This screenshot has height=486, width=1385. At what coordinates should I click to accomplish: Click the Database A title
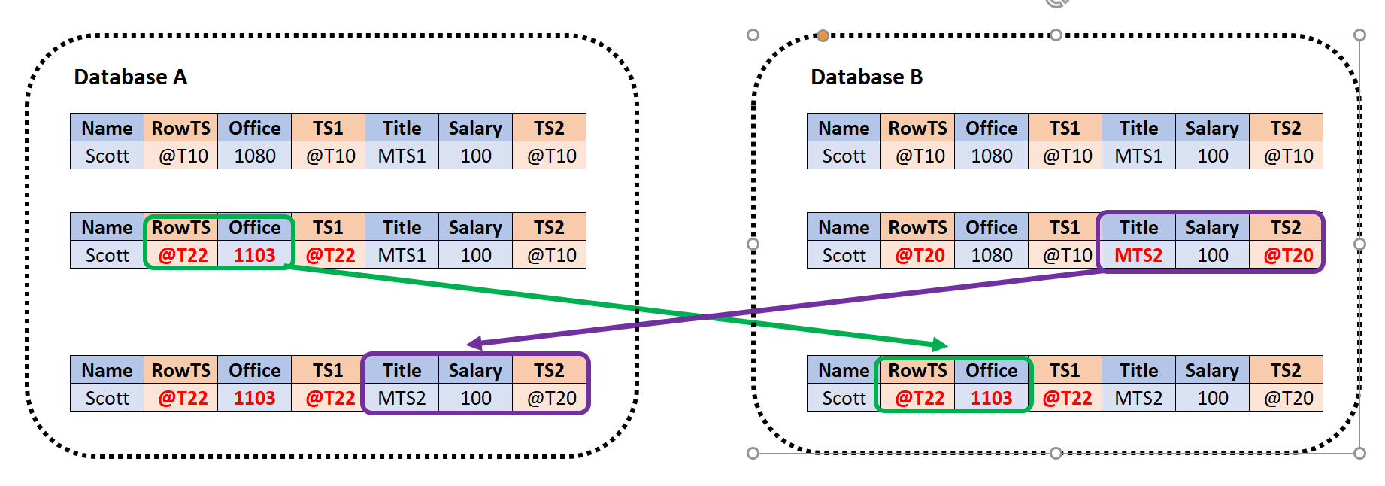click(x=130, y=77)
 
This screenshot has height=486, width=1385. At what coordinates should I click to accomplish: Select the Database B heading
click(x=866, y=77)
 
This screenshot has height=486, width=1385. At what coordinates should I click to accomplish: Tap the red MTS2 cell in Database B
click(x=1138, y=256)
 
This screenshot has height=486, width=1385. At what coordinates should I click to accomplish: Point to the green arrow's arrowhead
click(x=940, y=345)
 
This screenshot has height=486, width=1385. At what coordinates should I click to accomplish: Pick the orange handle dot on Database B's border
click(x=823, y=35)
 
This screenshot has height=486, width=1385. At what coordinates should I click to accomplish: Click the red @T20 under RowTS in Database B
click(x=919, y=256)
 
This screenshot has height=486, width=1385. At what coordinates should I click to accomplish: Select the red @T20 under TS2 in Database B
click(x=1287, y=256)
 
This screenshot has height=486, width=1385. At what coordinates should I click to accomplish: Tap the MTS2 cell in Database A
click(x=402, y=398)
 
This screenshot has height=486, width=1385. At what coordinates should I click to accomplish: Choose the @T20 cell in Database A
click(x=551, y=398)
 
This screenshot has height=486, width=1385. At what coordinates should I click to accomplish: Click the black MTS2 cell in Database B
click(x=1138, y=398)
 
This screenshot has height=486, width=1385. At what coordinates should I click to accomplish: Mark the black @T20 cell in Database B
click(x=1287, y=398)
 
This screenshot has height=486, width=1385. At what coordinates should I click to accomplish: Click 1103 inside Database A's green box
click(x=254, y=256)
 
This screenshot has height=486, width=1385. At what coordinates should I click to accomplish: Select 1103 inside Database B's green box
click(x=991, y=398)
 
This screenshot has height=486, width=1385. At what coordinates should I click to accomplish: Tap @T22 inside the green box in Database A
click(x=183, y=256)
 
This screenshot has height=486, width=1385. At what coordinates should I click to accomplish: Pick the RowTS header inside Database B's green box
click(x=917, y=370)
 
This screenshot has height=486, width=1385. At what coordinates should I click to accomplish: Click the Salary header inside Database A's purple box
click(x=475, y=370)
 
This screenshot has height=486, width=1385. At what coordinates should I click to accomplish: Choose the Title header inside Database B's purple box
click(x=1138, y=228)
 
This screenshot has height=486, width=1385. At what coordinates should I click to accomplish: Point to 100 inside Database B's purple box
click(x=1212, y=256)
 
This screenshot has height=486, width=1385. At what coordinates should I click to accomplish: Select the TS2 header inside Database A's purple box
click(x=549, y=370)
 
